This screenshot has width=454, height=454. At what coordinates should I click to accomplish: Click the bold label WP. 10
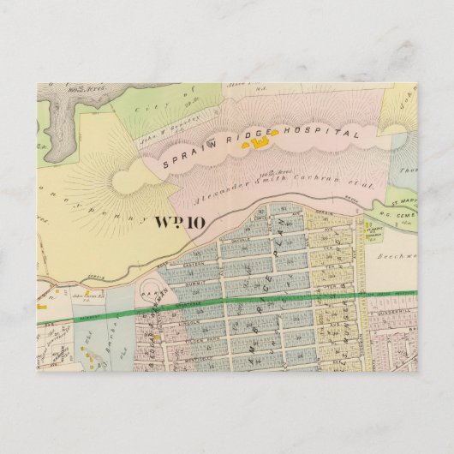177,224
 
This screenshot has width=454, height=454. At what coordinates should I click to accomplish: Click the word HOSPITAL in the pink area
324,133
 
